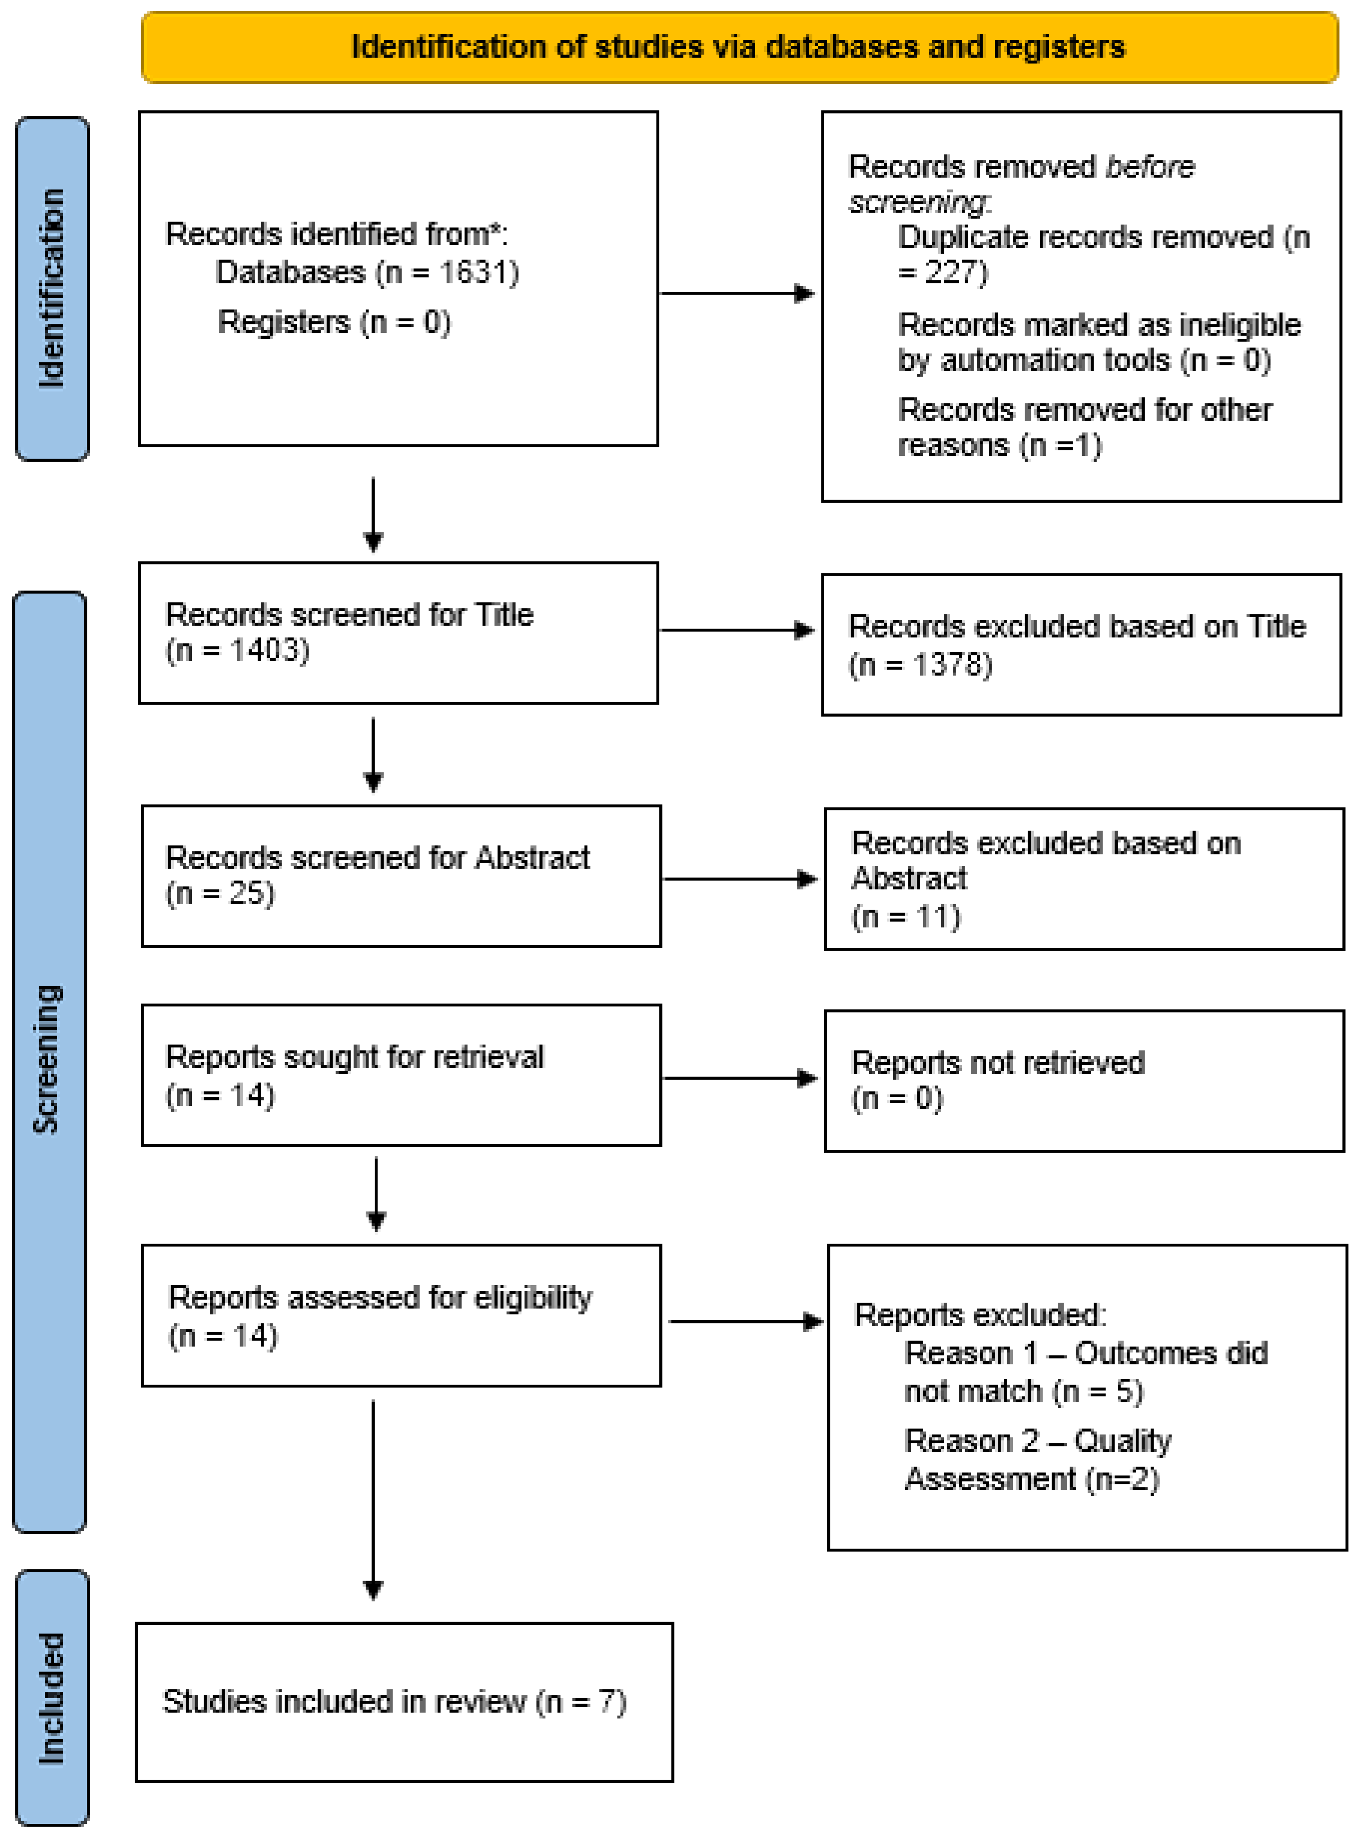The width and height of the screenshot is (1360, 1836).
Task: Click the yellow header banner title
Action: pyautogui.click(x=738, y=47)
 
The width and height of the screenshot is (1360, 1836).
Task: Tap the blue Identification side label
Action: pyautogui.click(x=52, y=288)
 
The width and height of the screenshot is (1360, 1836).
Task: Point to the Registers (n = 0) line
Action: pyautogui.click(x=333, y=322)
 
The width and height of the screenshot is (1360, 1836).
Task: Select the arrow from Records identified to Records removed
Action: pyautogui.click(x=737, y=293)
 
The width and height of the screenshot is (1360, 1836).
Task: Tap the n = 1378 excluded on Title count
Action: pyautogui.click(x=920, y=664)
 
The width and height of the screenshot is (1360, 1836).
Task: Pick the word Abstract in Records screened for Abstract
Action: pyautogui.click(x=532, y=858)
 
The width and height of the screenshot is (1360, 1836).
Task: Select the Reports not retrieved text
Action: pyautogui.click(x=997, y=1063)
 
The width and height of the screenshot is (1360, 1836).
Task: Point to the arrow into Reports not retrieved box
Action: pyautogui.click(x=739, y=1078)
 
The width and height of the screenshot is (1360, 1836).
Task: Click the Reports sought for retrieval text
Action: pyautogui.click(x=354, y=1057)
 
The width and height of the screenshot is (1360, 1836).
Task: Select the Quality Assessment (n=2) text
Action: pyautogui.click(x=1032, y=1480)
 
